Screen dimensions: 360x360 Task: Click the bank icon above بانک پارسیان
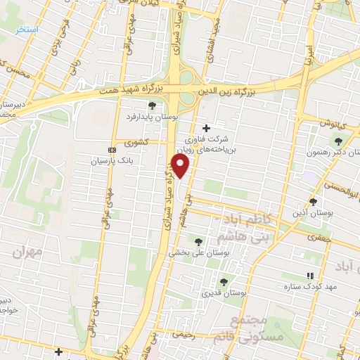coord(111,150)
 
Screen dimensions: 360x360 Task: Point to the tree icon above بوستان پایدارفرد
coord(143,106)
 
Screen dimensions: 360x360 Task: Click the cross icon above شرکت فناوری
coord(205,128)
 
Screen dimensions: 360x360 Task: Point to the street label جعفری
coord(319,237)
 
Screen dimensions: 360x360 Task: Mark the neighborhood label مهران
coord(28,250)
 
